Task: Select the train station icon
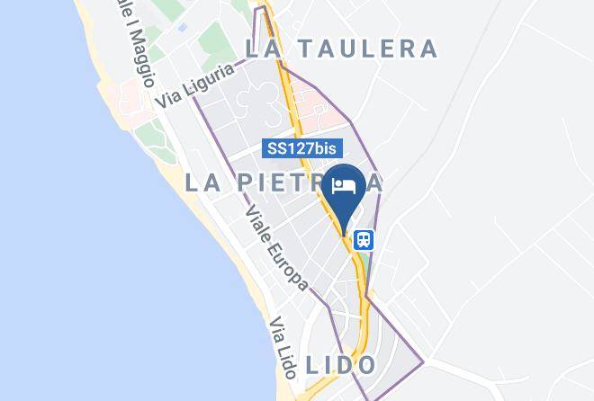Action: tap(364, 240)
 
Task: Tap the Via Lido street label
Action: tap(282, 343)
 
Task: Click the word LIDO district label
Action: tap(340, 365)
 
